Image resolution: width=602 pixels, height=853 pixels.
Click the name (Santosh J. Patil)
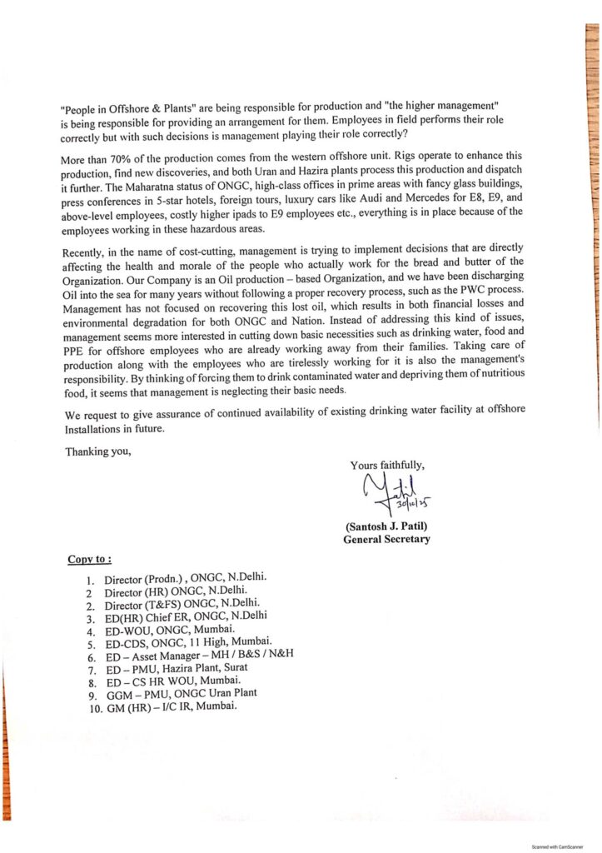(386, 526)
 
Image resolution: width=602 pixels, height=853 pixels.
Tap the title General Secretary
(386, 540)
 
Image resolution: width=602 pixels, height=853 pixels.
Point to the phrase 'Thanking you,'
(98, 452)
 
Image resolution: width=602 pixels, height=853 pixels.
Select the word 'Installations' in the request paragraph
(92, 430)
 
